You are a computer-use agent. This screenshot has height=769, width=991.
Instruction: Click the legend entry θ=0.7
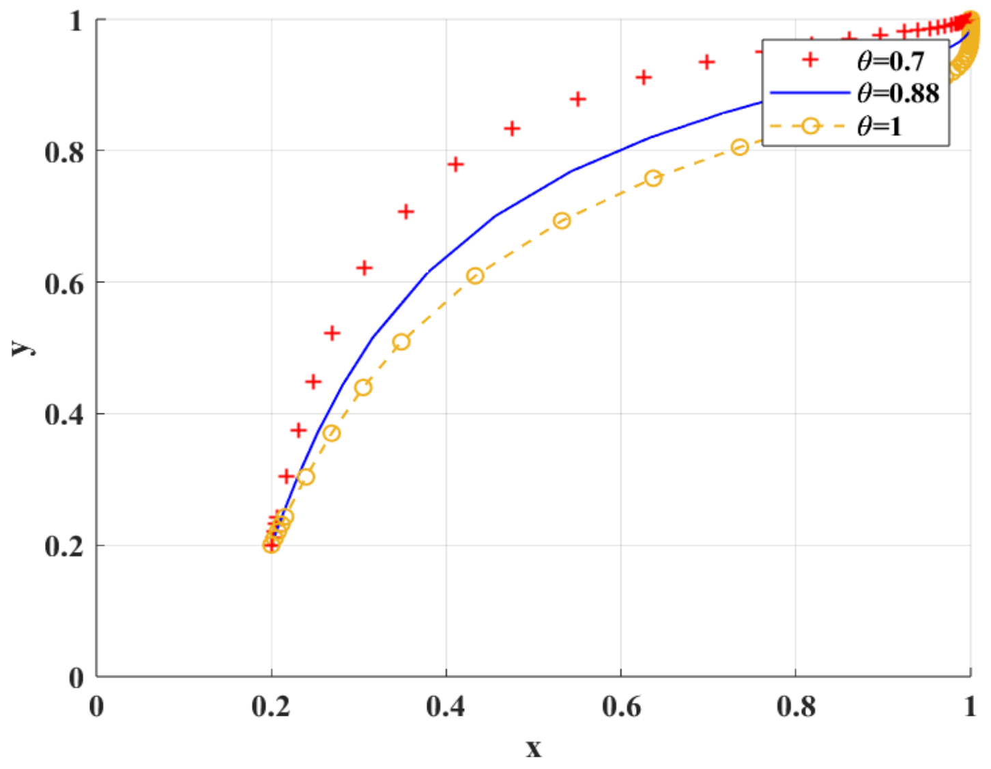click(890, 61)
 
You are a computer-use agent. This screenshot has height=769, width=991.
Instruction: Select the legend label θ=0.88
click(898, 93)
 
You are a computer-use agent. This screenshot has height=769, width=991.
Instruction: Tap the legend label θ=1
click(879, 126)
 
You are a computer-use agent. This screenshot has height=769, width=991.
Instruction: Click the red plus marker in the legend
click(810, 60)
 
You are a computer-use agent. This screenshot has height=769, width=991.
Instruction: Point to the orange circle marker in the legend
click(810, 126)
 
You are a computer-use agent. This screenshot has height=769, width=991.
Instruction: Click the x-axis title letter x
click(533, 749)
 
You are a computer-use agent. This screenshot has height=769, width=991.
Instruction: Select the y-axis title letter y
click(22, 347)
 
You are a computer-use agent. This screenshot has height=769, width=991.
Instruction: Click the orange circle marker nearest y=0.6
click(475, 276)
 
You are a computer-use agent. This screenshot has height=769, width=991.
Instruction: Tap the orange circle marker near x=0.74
click(740, 147)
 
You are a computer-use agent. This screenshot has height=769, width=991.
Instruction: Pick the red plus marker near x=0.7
click(706, 63)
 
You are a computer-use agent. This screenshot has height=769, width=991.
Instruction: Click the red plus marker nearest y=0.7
click(405, 212)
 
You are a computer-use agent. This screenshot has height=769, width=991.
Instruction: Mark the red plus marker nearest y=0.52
click(332, 333)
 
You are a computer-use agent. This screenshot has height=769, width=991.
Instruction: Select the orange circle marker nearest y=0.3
click(306, 477)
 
